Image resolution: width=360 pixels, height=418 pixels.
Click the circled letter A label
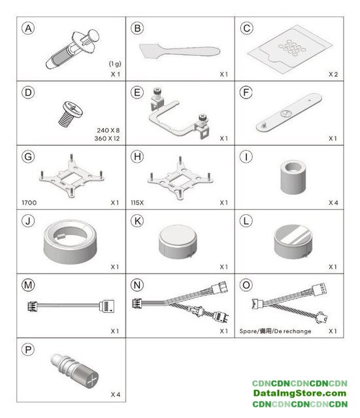(x=28, y=29)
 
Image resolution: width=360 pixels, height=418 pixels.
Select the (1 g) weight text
(x=115, y=64)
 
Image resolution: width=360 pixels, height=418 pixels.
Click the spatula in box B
(x=180, y=51)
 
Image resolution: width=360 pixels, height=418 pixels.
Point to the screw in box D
(x=71, y=114)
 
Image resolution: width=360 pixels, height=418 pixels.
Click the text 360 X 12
(x=107, y=138)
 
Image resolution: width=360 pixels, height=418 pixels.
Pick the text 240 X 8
(x=108, y=131)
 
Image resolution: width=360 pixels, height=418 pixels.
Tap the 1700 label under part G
(x=29, y=202)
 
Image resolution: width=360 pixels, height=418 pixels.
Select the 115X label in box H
(x=137, y=202)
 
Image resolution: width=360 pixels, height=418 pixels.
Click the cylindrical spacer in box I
(x=293, y=177)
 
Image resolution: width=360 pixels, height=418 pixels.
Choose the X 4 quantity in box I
(x=333, y=202)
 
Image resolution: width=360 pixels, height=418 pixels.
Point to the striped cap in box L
(x=293, y=242)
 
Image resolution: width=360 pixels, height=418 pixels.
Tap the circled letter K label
(x=137, y=221)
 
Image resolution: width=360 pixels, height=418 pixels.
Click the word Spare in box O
(x=248, y=331)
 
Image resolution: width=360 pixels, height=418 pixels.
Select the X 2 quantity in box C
(x=333, y=74)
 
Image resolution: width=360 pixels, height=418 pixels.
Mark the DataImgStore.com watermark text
(x=300, y=393)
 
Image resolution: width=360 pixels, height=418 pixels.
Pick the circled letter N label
(x=137, y=285)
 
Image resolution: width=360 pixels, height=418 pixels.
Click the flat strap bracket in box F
(x=289, y=112)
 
